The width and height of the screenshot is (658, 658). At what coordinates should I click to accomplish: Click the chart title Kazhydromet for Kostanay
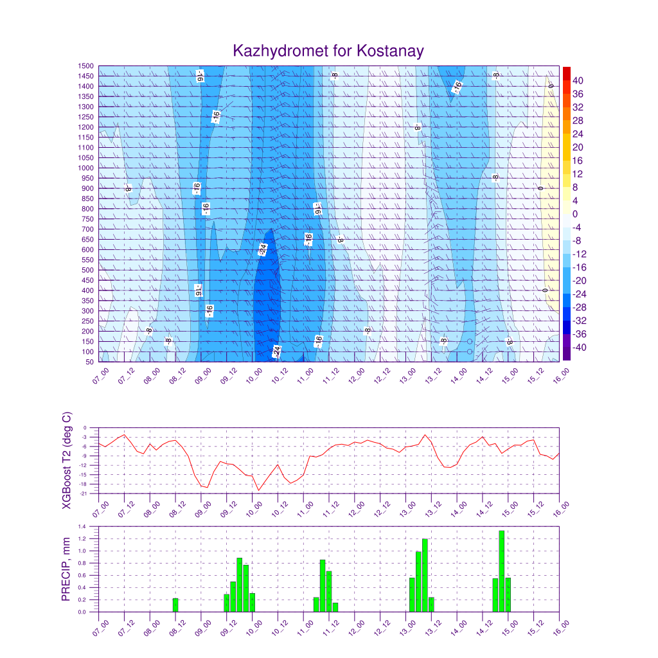[328, 51]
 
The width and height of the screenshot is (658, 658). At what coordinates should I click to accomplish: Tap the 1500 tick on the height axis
[87, 66]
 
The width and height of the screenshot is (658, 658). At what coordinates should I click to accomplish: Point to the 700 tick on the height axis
[89, 229]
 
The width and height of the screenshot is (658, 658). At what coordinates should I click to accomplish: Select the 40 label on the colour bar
[578, 81]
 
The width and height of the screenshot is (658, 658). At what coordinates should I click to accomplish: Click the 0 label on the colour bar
[575, 214]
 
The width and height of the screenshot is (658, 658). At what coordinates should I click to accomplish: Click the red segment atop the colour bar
[566, 73]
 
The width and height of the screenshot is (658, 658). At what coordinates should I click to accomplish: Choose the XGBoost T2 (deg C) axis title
[67, 460]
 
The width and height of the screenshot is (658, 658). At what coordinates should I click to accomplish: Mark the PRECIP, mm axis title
[66, 569]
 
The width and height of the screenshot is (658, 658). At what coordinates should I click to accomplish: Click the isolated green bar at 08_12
[175, 605]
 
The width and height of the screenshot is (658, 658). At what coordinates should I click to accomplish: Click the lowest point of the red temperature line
[259, 490]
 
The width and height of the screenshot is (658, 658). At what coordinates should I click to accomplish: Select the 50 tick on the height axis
[91, 362]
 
